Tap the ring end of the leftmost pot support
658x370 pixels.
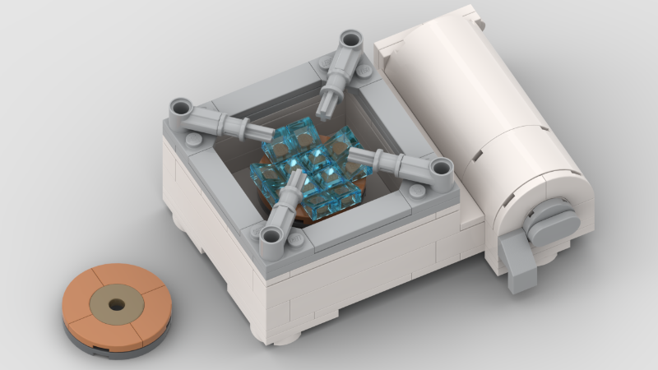181,109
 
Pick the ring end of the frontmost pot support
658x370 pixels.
271,238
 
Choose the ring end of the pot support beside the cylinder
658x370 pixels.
442,169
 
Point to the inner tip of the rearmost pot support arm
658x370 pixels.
331,102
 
